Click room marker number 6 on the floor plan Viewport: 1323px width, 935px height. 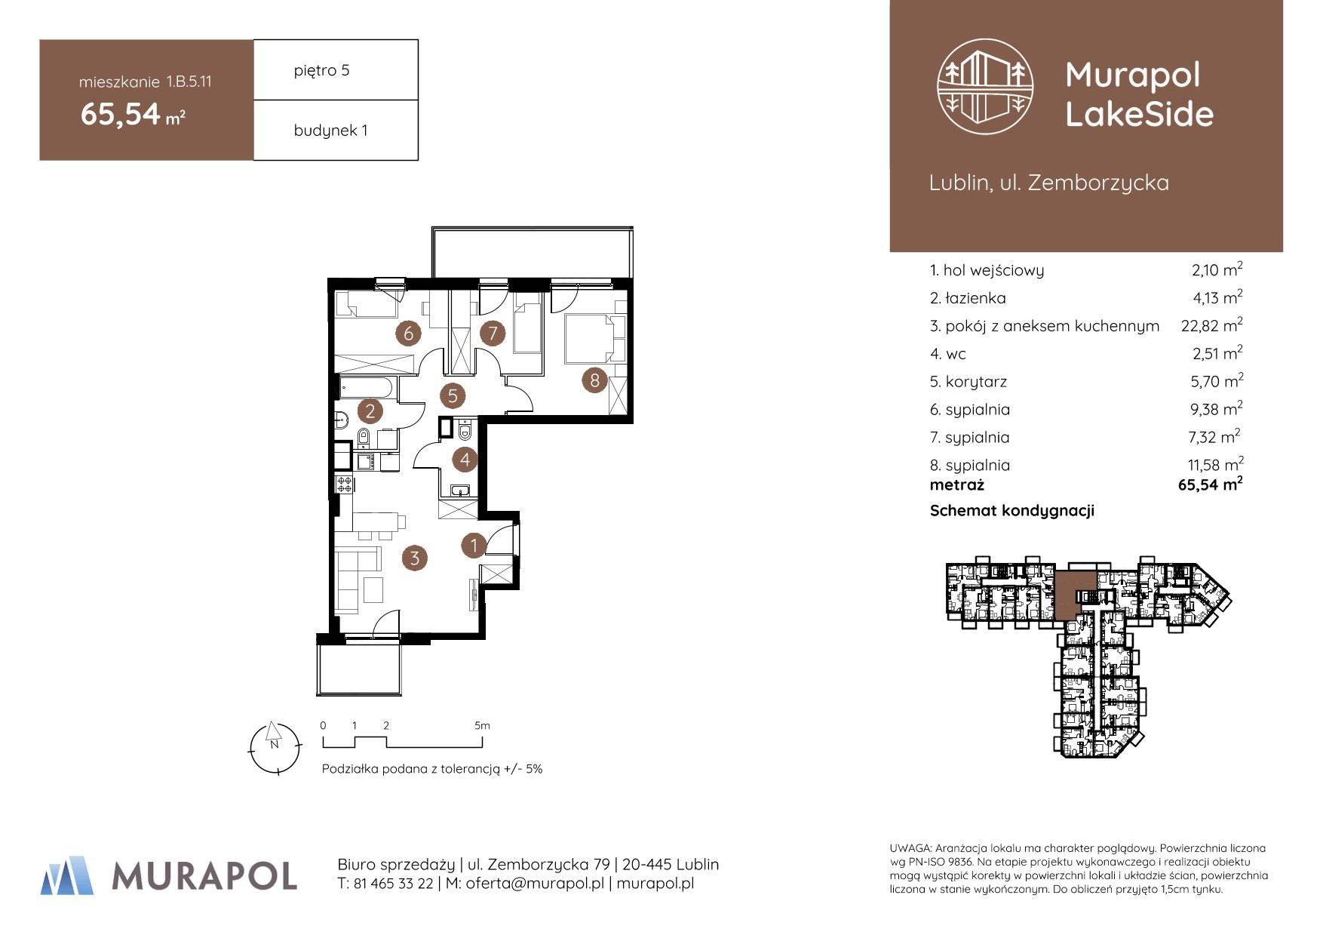pos(408,333)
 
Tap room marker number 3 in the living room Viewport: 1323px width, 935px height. pos(414,558)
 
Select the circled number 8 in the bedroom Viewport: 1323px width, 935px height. pos(594,380)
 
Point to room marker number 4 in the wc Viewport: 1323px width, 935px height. pos(465,459)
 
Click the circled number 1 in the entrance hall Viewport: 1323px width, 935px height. pos(474,545)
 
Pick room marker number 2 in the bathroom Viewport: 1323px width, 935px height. pos(370,411)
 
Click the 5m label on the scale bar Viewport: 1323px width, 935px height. pos(482,726)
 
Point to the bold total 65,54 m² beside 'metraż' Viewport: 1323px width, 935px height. pos(1211,484)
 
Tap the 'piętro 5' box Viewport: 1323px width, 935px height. pos(336,69)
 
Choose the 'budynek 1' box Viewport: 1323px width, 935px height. pos(336,130)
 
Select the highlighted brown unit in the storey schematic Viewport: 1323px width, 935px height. pos(1074,592)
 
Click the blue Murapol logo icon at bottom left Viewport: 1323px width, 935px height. pos(67,875)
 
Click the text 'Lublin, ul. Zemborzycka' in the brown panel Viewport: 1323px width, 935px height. pos(1049,183)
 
